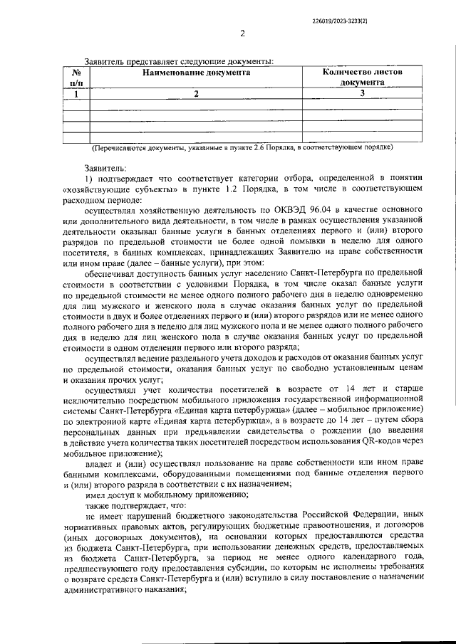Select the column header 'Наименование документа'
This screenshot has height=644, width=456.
pos(196,73)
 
